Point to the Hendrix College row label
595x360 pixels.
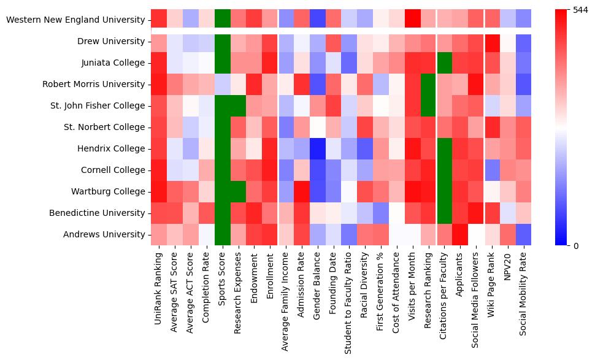point(110,148)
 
